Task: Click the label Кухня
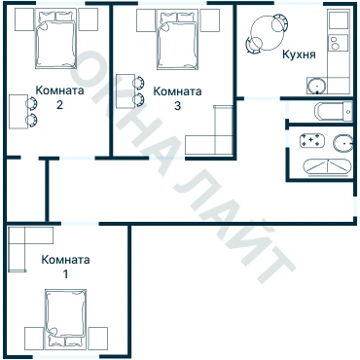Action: click(299, 54)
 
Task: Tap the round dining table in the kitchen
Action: click(267, 33)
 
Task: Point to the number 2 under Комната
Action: click(59, 105)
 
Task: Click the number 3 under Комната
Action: click(177, 106)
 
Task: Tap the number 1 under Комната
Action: click(65, 274)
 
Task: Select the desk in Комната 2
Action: click(18, 112)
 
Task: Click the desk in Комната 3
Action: click(126, 91)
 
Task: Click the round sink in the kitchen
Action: click(316, 86)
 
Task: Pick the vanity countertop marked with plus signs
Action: click(312, 140)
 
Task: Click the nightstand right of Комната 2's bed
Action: click(89, 19)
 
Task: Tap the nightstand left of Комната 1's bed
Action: click(34, 339)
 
